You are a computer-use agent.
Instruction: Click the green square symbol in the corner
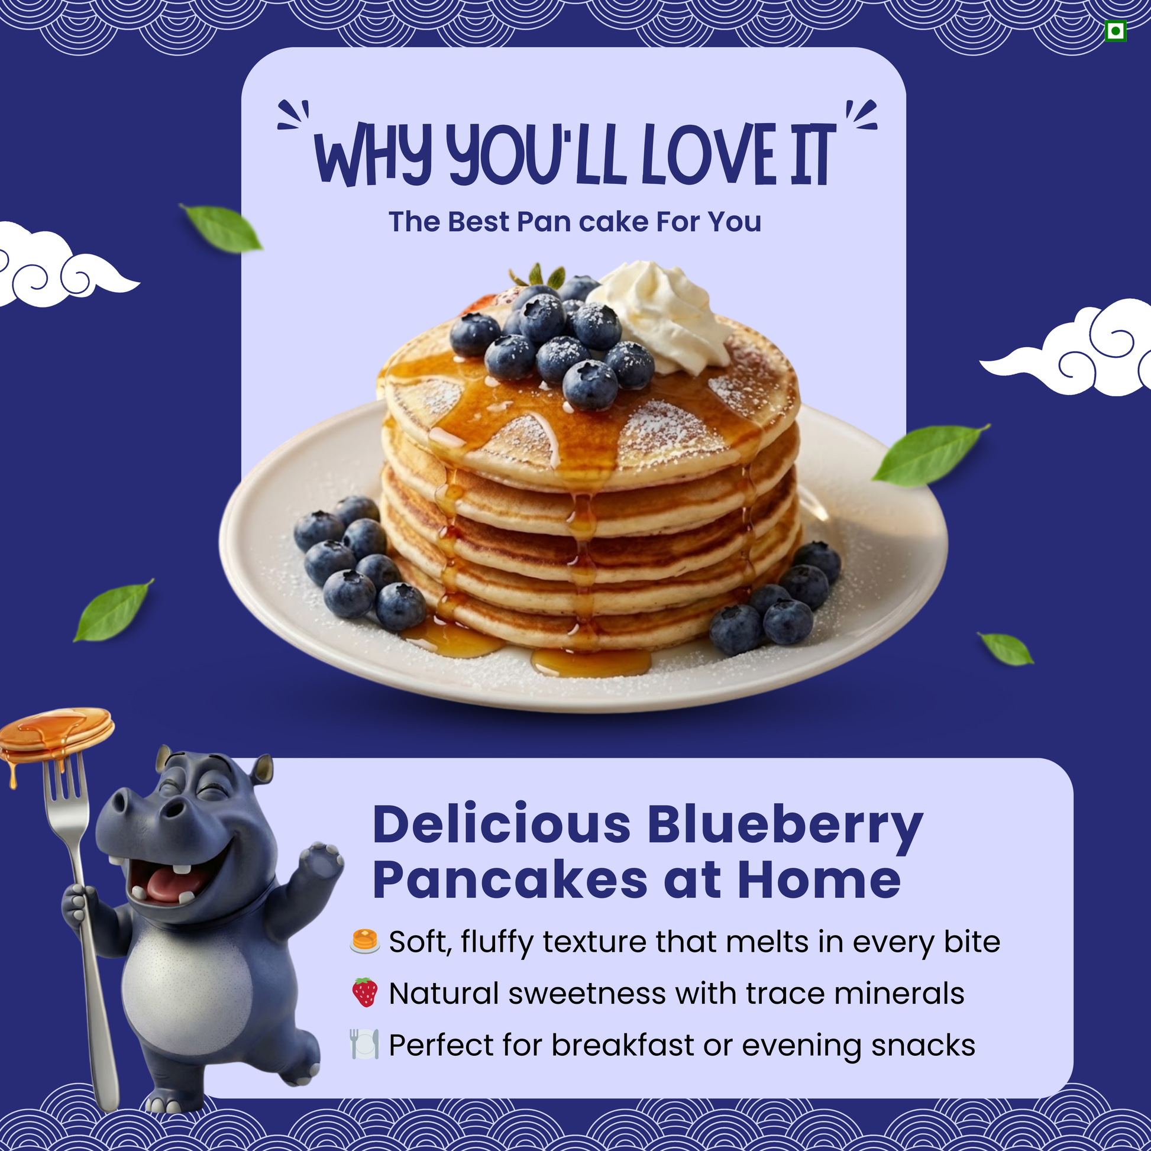coord(1116,31)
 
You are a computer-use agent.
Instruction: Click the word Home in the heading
coord(819,880)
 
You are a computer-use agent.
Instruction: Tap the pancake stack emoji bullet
coord(364,941)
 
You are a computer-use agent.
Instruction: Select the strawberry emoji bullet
coord(364,992)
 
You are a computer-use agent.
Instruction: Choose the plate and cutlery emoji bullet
coord(364,1044)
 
